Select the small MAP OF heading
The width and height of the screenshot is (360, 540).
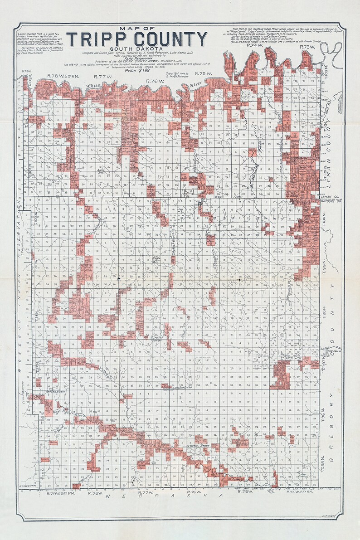point(136,29)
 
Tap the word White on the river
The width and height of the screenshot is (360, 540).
point(93,85)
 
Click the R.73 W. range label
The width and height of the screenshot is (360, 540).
point(307,47)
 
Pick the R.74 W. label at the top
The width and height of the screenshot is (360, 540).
point(255,46)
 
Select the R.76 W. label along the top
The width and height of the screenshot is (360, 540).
point(155,81)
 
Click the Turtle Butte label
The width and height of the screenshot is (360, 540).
point(198,446)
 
